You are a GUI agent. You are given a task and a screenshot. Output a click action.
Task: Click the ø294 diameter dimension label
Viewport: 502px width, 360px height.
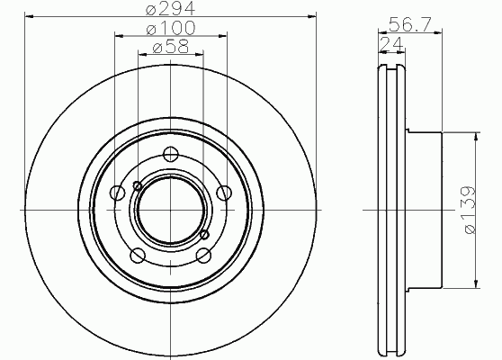click(x=170, y=8)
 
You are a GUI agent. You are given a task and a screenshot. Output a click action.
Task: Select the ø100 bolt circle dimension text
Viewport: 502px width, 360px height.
click(x=171, y=28)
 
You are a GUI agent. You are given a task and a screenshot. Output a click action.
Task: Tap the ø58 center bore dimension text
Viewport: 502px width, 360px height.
click(x=171, y=46)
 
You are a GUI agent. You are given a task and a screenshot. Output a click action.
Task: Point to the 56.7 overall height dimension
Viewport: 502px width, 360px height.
click(x=410, y=24)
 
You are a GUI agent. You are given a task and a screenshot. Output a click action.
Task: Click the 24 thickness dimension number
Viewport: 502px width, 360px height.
click(x=391, y=43)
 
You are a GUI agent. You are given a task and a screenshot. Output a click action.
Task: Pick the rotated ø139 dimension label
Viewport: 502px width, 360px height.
click(x=470, y=210)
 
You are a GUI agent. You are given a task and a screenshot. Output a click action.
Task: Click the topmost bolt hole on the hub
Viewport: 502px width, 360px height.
click(x=170, y=155)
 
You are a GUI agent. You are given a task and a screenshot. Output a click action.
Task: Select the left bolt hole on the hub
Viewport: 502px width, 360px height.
click(x=118, y=193)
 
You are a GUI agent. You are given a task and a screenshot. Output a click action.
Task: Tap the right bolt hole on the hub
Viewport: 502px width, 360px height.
click(x=224, y=193)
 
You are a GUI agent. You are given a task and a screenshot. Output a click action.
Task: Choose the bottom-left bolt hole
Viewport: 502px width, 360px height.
click(x=138, y=256)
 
